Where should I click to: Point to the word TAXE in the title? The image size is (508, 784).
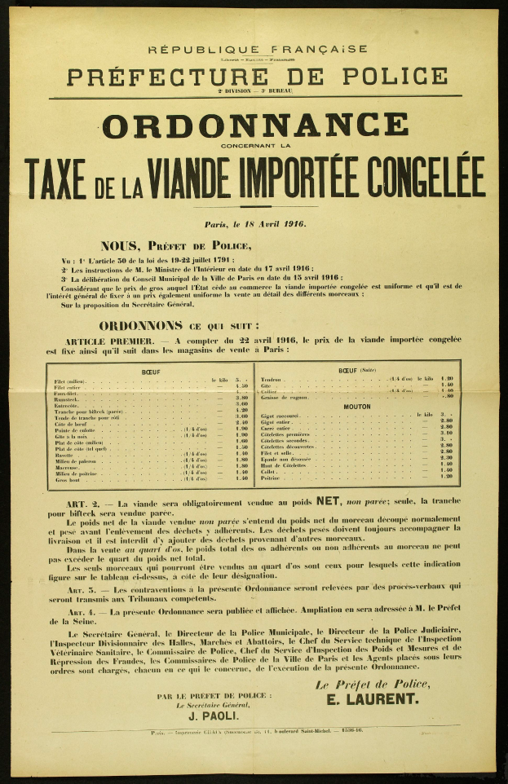point(56,174)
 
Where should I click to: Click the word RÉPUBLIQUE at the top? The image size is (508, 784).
point(197,49)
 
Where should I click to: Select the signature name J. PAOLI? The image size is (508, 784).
point(214,716)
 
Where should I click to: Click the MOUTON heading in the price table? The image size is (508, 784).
point(356,406)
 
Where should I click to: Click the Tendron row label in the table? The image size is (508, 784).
point(272,380)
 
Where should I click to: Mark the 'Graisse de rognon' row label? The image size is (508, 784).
point(284,397)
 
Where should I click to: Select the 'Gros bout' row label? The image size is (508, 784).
point(68,478)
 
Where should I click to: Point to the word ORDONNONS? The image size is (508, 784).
point(146,324)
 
